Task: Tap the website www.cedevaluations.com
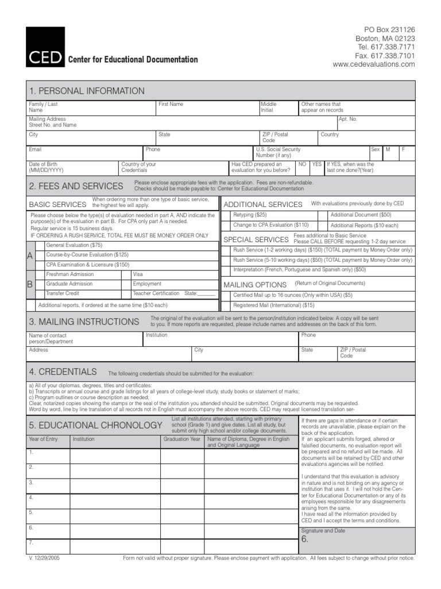[373, 64]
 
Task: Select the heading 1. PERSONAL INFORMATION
[87, 91]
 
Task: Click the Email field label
[36, 150]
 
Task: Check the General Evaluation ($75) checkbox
[40, 245]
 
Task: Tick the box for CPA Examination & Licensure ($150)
[40, 264]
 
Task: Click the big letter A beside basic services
[30, 255]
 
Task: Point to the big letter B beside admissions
[30, 284]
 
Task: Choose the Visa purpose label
[138, 274]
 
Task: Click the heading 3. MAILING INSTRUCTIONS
[84, 322]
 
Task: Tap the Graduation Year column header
[182, 439]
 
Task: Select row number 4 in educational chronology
[31, 498]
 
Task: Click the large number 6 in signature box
[305, 540]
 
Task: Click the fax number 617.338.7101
[385, 56]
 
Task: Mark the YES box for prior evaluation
[316, 165]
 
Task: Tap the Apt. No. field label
[348, 118]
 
